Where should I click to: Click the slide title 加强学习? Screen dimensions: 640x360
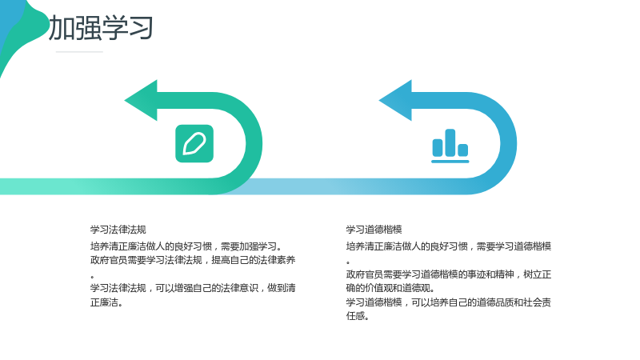pyautogui.click(x=101, y=28)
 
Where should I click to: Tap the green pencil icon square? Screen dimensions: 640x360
pyautogui.click(x=194, y=144)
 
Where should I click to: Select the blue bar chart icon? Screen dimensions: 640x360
pyautogui.click(x=450, y=146)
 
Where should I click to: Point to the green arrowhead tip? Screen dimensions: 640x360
pyautogui.click(x=125, y=100)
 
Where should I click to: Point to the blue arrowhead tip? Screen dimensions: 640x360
pyautogui.click(x=379, y=100)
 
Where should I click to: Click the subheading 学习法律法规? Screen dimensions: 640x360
pyautogui.click(x=118, y=230)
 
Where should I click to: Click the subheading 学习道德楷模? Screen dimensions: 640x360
pyautogui.click(x=374, y=230)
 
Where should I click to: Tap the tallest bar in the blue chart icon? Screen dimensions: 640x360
pyautogui.click(x=450, y=142)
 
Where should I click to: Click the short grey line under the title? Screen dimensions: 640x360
pyautogui.click(x=79, y=52)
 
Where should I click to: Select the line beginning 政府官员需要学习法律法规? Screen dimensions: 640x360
pyautogui.click(x=193, y=260)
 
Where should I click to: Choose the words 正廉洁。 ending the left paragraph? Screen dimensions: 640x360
pyautogui.click(x=106, y=302)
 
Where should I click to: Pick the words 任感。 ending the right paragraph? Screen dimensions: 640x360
pyautogui.click(x=358, y=315)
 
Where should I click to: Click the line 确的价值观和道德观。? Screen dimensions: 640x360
pyautogui.click(x=390, y=288)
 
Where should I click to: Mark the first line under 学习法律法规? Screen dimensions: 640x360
pyautogui.click(x=186, y=246)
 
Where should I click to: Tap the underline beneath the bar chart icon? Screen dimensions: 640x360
pyautogui.click(x=450, y=162)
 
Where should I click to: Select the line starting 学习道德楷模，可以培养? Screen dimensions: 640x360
pyautogui.click(x=449, y=302)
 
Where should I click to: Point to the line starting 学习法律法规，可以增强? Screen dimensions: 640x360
pyautogui.click(x=193, y=288)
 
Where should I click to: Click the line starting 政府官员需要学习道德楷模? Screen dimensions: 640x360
pyautogui.click(x=449, y=274)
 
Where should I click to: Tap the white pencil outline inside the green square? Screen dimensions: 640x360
pyautogui.click(x=194, y=144)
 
